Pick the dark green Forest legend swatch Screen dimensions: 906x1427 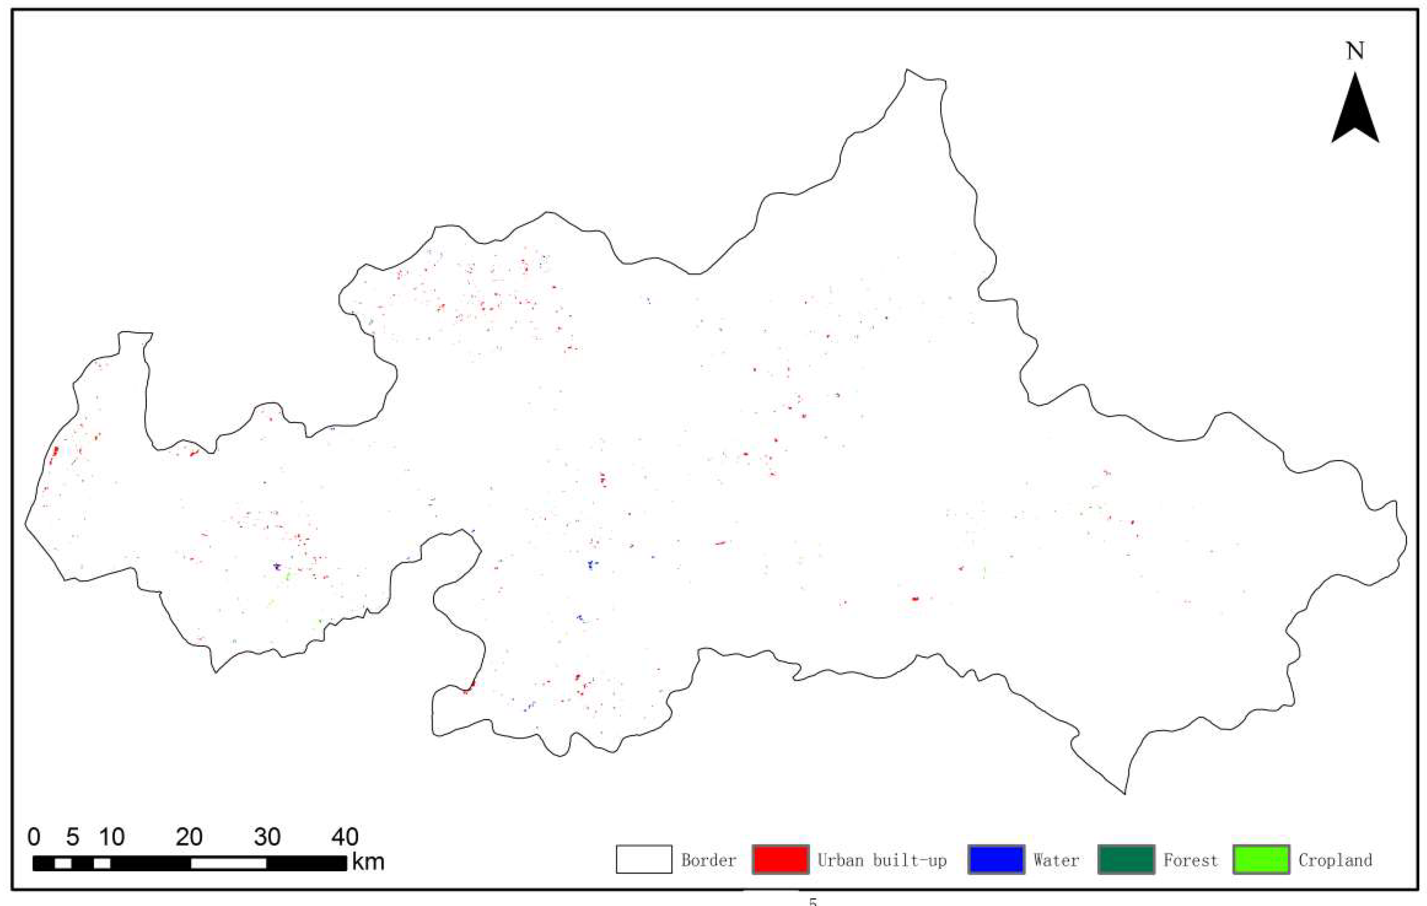(x=1126, y=860)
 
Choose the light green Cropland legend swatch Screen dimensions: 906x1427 (x=1261, y=860)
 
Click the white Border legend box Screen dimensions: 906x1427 (x=644, y=860)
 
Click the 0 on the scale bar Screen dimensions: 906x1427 (x=34, y=837)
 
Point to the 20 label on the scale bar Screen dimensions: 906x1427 (x=189, y=837)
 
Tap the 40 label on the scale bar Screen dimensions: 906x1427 (x=345, y=837)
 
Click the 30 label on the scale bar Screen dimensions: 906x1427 (x=267, y=837)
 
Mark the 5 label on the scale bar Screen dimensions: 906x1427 (x=73, y=837)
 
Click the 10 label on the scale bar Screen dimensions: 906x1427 (x=111, y=837)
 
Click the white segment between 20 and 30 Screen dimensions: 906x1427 (x=228, y=863)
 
